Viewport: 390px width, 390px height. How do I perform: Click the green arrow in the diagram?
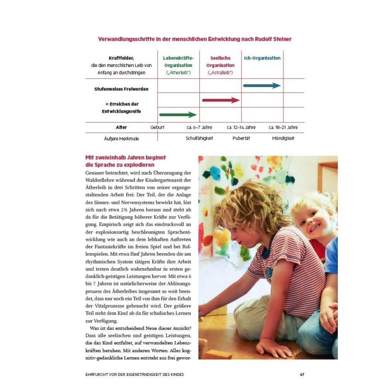[x=178, y=115]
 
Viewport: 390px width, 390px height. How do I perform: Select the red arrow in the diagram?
[x=221, y=100]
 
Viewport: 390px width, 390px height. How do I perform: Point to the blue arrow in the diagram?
[x=262, y=86]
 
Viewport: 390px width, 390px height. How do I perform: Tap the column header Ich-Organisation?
[x=262, y=58]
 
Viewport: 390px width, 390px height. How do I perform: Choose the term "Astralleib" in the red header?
[x=220, y=73]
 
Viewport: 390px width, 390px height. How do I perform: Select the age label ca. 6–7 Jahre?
[x=199, y=127]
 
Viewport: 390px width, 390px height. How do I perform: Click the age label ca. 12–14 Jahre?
[x=241, y=127]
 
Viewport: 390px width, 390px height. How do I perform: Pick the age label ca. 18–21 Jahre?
[x=283, y=127]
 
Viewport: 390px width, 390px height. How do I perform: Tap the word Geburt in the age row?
[x=157, y=127]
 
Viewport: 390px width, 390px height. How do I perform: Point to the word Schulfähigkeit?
[x=199, y=138]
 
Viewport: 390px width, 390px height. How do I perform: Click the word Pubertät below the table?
[x=241, y=138]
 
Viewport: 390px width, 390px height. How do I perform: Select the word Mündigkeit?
[x=283, y=138]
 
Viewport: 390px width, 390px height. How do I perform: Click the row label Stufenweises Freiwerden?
[x=121, y=89]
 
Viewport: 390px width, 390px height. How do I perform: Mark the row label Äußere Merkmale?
[x=121, y=139]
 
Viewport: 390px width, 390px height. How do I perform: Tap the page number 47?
[x=302, y=374]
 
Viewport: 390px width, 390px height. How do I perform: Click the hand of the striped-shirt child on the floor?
[x=270, y=347]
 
